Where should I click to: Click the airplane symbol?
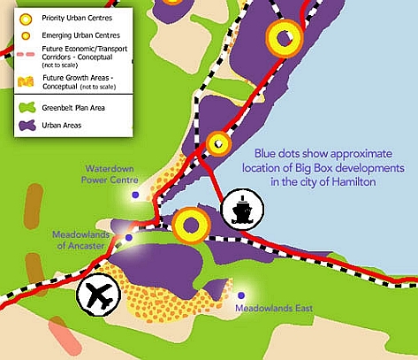click(x=99, y=295)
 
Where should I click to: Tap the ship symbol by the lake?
click(x=242, y=210)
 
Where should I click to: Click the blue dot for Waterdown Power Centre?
click(x=135, y=195)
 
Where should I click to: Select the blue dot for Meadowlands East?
click(x=241, y=295)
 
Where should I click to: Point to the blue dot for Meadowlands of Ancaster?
click(x=128, y=237)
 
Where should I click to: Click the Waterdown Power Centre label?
click(x=110, y=174)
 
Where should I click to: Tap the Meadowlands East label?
click(x=274, y=309)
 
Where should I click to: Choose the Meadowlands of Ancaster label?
click(x=80, y=240)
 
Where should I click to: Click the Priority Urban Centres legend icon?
click(x=26, y=19)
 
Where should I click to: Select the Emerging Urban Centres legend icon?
click(x=26, y=36)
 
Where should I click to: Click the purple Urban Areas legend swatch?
click(x=27, y=126)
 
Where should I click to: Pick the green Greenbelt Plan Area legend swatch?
click(x=27, y=108)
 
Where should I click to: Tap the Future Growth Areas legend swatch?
click(x=26, y=81)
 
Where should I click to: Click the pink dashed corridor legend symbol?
click(x=26, y=55)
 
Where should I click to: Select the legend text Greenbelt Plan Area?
click(x=73, y=108)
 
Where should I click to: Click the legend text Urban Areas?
click(x=62, y=126)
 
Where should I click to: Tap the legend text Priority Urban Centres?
click(x=77, y=18)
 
